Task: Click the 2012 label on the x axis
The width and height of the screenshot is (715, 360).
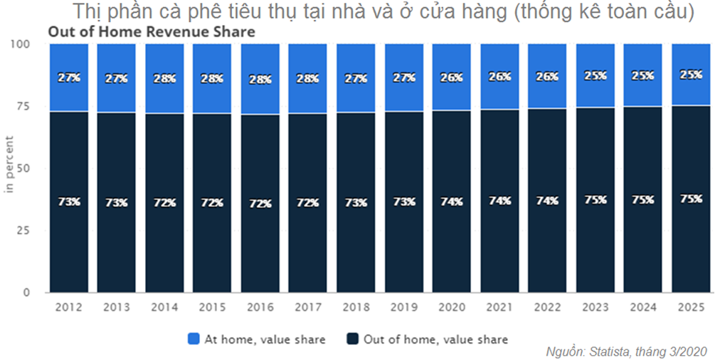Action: coord(68,307)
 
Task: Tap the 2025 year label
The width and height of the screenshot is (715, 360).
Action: coord(690,307)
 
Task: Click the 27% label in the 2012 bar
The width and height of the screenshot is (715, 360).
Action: coord(68,78)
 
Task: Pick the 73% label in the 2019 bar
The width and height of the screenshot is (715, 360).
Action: coord(403,202)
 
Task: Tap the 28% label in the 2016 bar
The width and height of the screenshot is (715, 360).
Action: coord(260,80)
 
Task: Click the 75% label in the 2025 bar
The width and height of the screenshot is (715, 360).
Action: coord(690,200)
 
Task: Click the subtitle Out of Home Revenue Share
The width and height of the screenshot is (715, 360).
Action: coord(151,32)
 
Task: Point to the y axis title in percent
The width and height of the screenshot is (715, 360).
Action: coord(11,168)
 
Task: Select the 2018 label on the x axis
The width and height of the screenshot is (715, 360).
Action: coord(356,307)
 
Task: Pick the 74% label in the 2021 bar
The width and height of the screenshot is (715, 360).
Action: coord(499,201)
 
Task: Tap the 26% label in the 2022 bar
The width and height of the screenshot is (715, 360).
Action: coord(547,77)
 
